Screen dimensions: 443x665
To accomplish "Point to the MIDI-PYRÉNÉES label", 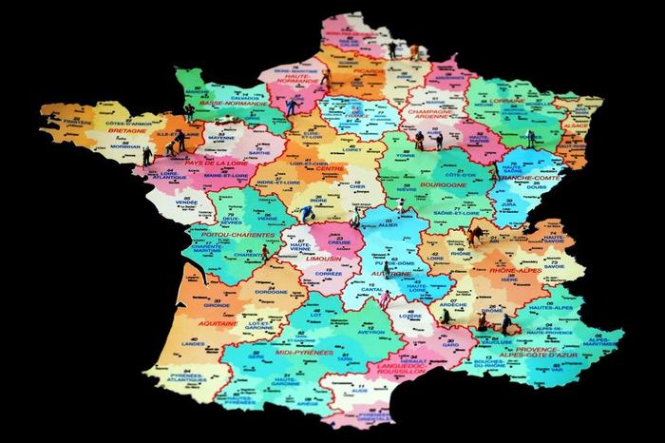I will (x=304, y=352).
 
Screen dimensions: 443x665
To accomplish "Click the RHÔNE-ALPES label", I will (x=515, y=271).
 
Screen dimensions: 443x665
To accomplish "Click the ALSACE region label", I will (x=576, y=125).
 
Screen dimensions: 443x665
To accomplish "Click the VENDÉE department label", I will (x=187, y=202).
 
